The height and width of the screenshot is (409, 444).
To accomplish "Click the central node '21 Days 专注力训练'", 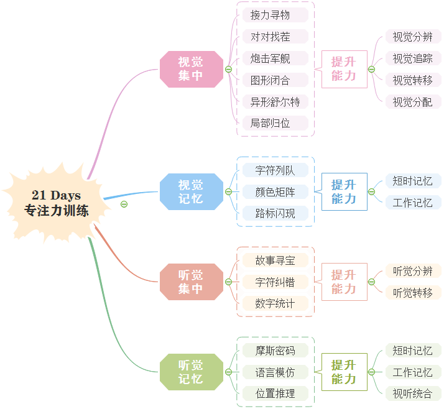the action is [57, 203].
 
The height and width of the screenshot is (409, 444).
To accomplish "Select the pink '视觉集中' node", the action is [191, 69].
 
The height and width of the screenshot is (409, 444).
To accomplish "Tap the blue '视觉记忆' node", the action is [191, 191].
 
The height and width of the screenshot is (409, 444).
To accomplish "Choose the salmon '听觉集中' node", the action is [191, 282].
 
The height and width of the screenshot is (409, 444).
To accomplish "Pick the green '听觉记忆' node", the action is [191, 372].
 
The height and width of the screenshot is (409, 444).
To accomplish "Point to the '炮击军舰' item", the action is [270, 58].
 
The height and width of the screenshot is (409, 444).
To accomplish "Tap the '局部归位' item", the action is [270, 123].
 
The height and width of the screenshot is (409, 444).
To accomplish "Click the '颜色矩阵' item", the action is [275, 191].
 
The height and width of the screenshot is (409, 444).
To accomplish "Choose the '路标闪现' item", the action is [275, 213].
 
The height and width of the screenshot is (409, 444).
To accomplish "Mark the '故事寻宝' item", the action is [275, 260].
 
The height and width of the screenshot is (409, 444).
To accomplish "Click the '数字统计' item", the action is [275, 303].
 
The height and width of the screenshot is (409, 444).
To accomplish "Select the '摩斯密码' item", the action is [275, 351].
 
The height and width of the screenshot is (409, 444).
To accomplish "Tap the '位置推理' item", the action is [275, 393].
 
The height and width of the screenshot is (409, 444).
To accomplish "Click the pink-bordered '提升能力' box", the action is [344, 69].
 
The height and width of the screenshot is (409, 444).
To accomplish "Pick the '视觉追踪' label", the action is [412, 58].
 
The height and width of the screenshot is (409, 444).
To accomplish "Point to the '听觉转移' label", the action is [412, 292].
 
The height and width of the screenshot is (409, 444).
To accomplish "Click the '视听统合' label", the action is [412, 393].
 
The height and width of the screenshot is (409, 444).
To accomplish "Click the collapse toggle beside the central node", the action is [124, 204].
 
